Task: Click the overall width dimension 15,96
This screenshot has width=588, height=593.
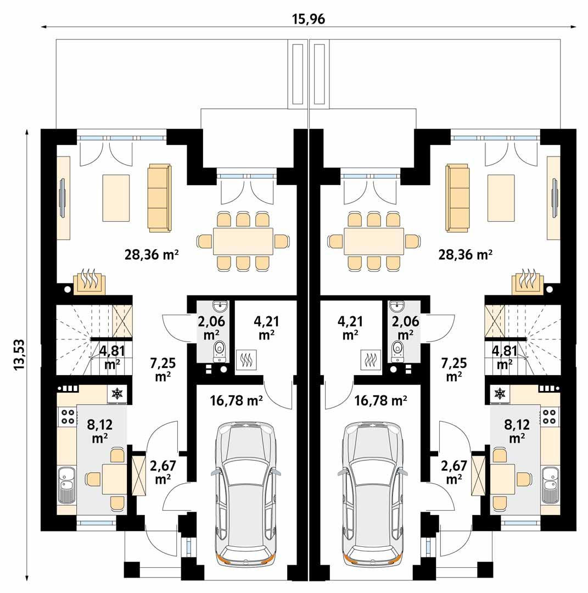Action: coord(309,19)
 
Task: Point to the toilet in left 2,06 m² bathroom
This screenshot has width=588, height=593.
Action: coord(220,349)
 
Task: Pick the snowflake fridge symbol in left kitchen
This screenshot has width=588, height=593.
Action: coord(117,393)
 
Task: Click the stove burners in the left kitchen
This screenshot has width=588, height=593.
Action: coord(68,416)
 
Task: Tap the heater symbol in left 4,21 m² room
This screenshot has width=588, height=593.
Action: coord(245,360)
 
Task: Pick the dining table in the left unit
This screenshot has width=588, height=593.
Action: coord(242,241)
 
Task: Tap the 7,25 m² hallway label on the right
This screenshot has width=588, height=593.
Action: coord(453,370)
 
